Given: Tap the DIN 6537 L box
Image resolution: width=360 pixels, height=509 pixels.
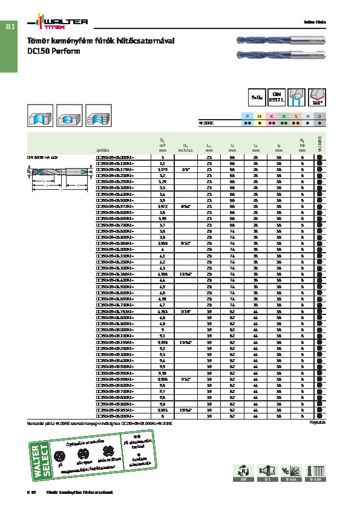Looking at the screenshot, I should [x=277, y=97].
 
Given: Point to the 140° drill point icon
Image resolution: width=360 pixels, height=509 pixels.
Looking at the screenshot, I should [x=317, y=97].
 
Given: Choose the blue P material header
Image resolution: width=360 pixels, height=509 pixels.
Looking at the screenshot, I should [x=248, y=115].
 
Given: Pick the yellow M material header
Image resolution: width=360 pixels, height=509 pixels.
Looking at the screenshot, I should [x=260, y=115].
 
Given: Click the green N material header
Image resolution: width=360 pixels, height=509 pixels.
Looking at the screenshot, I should [x=284, y=115].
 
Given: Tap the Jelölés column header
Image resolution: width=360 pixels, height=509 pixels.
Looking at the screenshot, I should [x=103, y=150].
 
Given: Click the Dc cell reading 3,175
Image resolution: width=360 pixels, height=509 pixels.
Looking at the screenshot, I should [x=162, y=170].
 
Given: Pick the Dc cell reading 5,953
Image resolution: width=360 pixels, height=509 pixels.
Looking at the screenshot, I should [x=162, y=409].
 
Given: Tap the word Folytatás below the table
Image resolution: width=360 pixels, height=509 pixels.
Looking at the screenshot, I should [x=317, y=423].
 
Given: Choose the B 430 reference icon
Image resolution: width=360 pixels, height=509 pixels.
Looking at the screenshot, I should [x=315, y=472].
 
